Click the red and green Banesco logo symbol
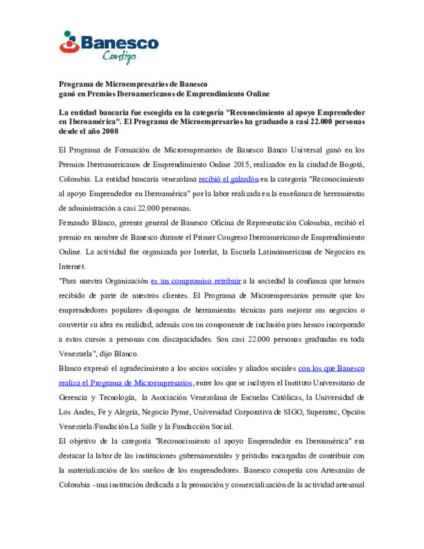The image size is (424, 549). (x=69, y=42)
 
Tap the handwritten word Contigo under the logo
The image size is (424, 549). (x=119, y=57)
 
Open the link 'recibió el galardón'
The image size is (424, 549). (x=228, y=179)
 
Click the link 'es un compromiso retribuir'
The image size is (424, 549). (x=196, y=281)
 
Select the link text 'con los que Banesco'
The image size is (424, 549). (x=331, y=368)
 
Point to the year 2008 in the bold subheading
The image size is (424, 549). (x=110, y=131)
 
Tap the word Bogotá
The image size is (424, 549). (x=351, y=165)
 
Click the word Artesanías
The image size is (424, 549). (x=338, y=470)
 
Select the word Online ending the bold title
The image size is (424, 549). (x=258, y=94)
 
